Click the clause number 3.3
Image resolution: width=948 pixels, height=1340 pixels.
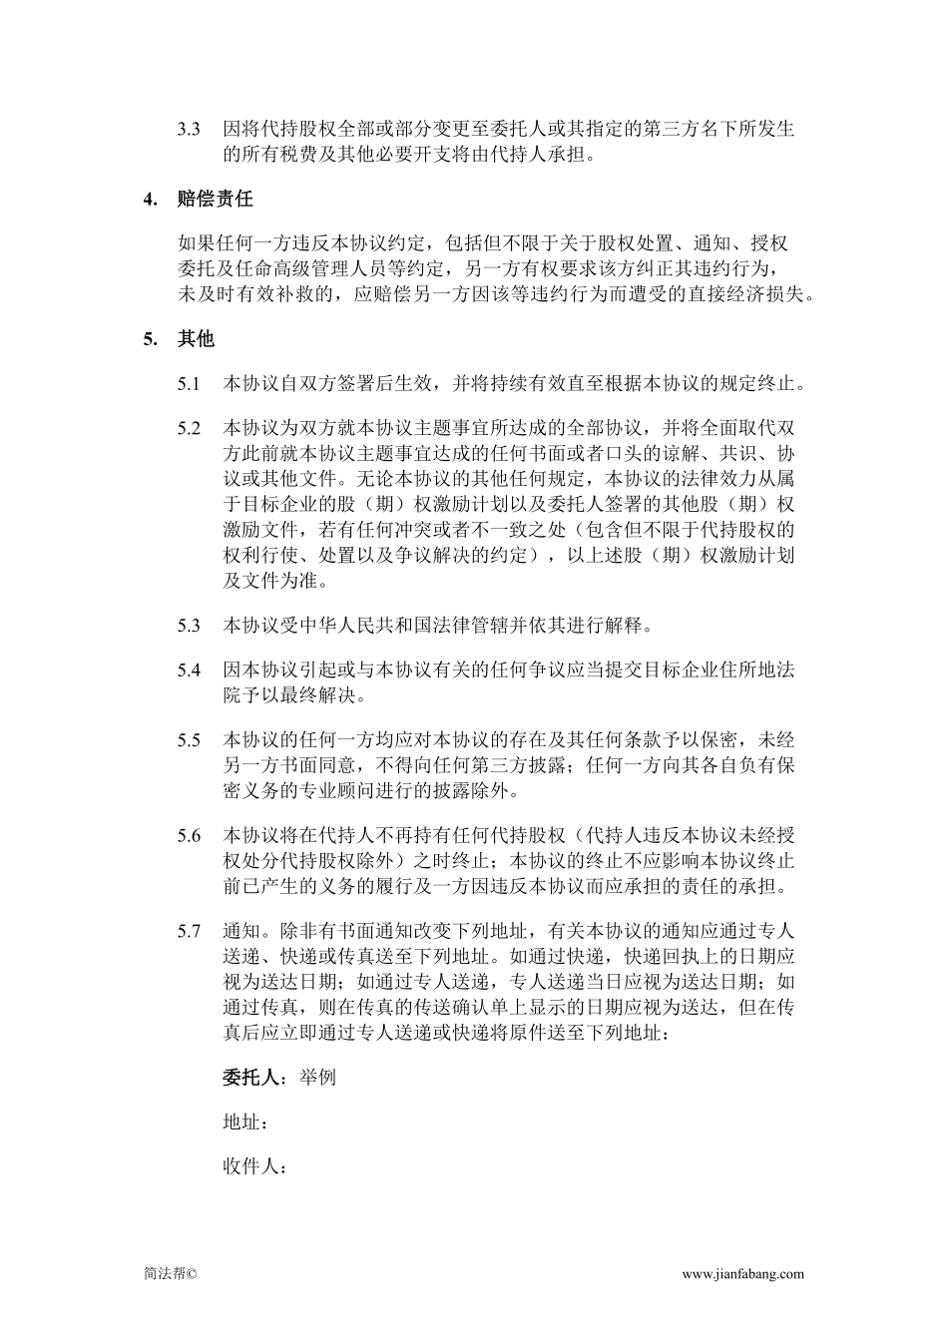point(189,130)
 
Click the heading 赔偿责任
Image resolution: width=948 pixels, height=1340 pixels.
point(216,199)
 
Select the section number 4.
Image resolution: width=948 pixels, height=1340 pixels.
point(150,199)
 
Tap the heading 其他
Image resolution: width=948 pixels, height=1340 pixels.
point(197,339)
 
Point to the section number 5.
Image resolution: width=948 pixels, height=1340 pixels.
point(150,339)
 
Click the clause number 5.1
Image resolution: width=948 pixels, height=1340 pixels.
point(189,384)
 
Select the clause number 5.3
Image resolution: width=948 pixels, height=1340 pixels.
point(189,626)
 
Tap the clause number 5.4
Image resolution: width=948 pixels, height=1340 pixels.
point(189,670)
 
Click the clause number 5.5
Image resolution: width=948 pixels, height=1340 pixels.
point(189,740)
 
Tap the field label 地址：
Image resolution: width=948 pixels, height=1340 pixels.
point(245,1122)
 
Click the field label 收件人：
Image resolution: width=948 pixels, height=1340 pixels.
point(255,1166)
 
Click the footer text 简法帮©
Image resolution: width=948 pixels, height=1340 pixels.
point(171,1274)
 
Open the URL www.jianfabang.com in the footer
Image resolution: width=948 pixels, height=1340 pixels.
point(742,1274)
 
